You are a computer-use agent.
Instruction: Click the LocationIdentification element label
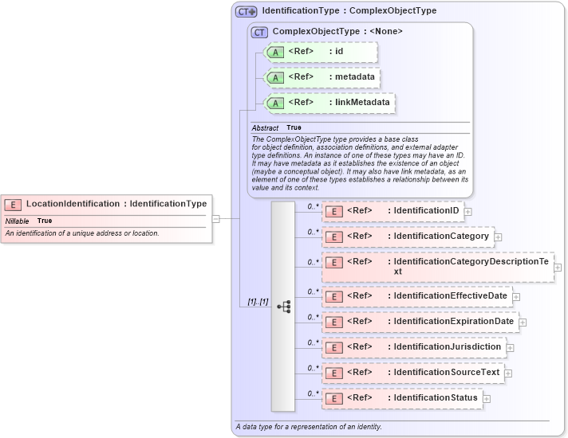[116, 204]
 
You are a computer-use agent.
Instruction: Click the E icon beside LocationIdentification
[14, 205]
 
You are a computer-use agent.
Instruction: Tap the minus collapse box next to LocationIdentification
[215, 217]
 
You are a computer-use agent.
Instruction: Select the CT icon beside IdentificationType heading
[246, 12]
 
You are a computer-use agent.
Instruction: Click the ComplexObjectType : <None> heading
[337, 32]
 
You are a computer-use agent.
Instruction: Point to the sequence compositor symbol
[283, 306]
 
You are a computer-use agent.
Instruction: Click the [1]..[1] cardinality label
[257, 303]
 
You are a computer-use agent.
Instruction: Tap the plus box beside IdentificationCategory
[498, 237]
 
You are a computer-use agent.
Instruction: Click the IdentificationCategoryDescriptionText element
[437, 267]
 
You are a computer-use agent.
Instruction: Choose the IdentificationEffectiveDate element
[416, 296]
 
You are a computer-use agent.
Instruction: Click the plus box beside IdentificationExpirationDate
[523, 322]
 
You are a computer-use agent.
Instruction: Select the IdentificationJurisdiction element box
[412, 347]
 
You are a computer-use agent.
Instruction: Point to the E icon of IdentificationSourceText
[335, 373]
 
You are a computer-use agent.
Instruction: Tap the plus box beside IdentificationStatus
[487, 398]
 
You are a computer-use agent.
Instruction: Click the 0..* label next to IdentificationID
[313, 205]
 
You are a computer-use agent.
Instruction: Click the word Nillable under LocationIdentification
[18, 221]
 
